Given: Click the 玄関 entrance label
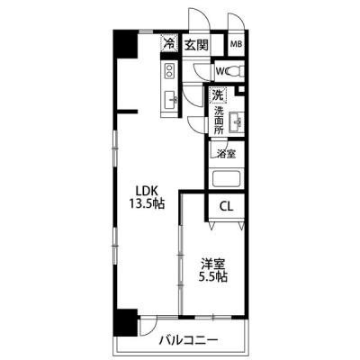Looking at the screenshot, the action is tap(196, 45).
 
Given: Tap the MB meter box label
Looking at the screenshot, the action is tap(236, 44).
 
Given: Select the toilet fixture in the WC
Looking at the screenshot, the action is tap(236, 71).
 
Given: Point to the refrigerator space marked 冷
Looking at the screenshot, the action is tap(170, 43).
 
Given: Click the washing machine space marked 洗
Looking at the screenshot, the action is tap(218, 95).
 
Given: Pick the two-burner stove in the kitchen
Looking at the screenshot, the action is tap(169, 70).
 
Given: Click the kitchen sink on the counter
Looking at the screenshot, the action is tap(170, 100).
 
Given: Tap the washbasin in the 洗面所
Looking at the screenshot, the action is tap(237, 122).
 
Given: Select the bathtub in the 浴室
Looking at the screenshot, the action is tap(227, 179).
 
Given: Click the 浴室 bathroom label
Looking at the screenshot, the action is tap(227, 154).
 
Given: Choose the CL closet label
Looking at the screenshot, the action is tap(226, 206).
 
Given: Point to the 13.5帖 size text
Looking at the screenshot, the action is tap(147, 204).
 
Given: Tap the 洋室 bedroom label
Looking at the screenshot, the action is tap(213, 265).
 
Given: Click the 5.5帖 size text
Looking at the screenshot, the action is tap(213, 276).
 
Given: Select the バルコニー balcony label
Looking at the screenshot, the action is tap(188, 340).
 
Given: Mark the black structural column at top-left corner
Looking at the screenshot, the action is tap(125, 44).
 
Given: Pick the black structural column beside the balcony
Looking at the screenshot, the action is tap(126, 323).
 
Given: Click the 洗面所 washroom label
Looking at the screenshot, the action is tap(219, 121).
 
